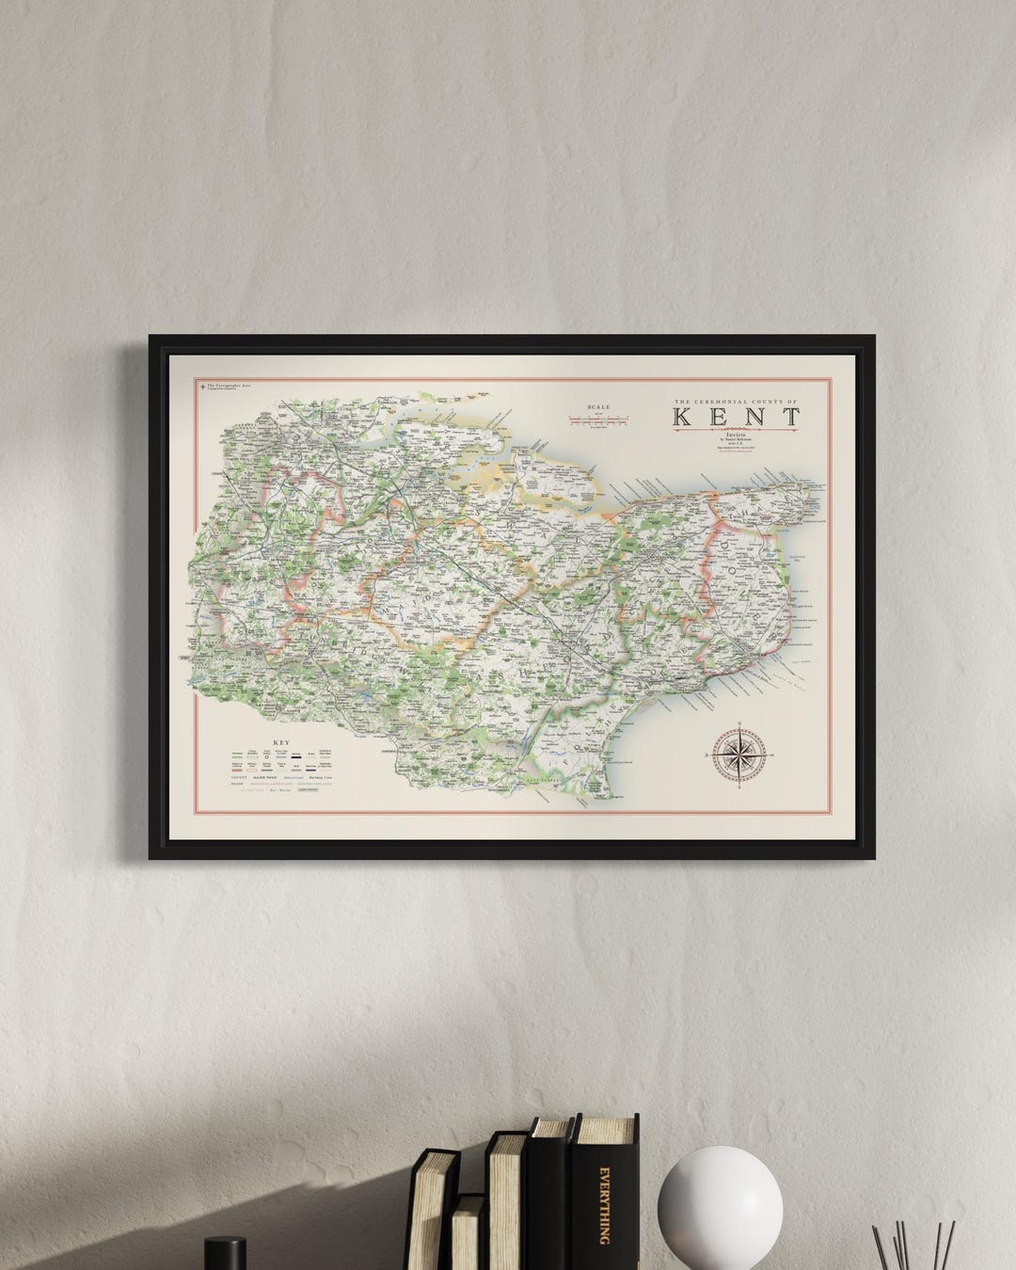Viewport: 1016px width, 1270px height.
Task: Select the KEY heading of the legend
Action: point(279,743)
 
